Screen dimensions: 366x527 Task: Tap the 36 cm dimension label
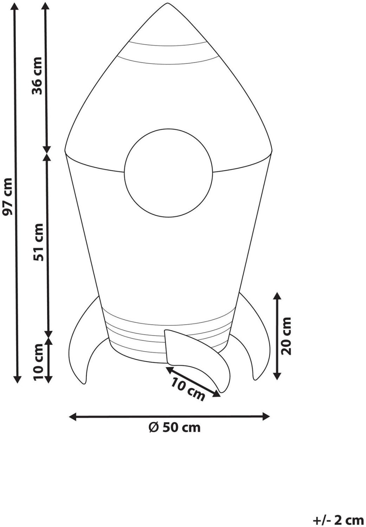click(x=37, y=76)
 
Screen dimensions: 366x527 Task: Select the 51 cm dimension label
click(x=38, y=242)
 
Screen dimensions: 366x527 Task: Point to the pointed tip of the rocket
click(x=168, y=3)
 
